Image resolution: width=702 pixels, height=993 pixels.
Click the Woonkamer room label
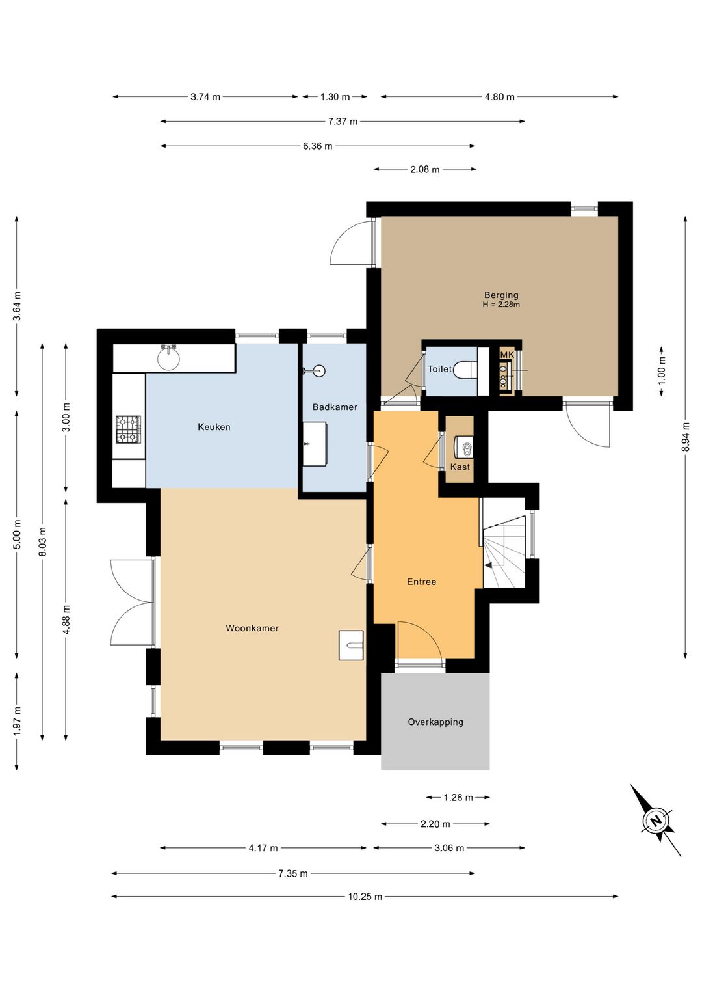[x=252, y=628]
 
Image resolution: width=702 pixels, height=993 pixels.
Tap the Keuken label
[x=214, y=427]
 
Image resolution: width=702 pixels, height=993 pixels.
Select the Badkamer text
[x=335, y=407]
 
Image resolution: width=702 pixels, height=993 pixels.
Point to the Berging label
[x=501, y=295]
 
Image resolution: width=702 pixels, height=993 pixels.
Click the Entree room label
[x=422, y=582]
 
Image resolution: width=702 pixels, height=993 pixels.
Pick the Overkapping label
[x=435, y=722]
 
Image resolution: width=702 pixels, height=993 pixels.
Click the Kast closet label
[x=460, y=467]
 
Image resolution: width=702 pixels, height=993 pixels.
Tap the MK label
[x=507, y=355]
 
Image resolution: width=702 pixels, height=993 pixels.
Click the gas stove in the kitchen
[x=129, y=429]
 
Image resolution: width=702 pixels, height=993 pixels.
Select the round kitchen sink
[x=169, y=358]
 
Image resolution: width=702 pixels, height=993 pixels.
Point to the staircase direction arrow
[x=489, y=565]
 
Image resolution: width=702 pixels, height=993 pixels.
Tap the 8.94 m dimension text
[x=686, y=437]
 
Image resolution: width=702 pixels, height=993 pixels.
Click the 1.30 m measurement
[x=335, y=97]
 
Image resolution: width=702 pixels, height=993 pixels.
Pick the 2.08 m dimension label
[x=424, y=169]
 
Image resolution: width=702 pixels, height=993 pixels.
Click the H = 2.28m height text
[x=501, y=305]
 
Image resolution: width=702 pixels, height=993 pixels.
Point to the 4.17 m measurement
[x=263, y=848]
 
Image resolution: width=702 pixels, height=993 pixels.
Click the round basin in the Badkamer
[x=318, y=370]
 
